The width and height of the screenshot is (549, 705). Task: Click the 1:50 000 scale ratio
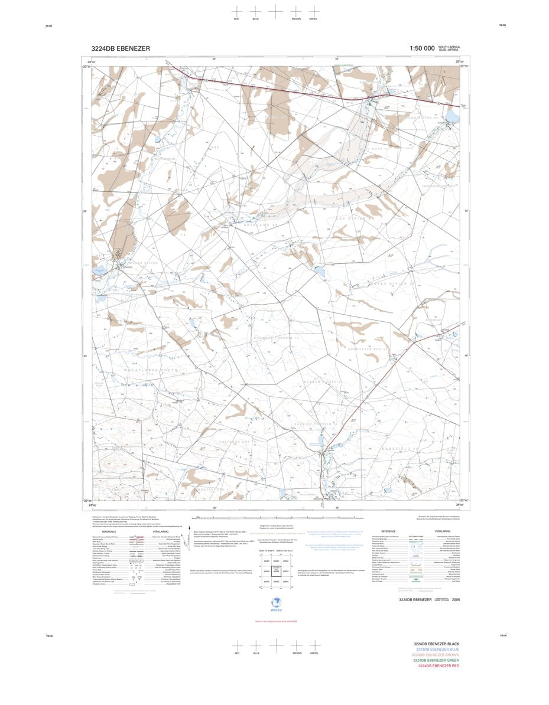422,48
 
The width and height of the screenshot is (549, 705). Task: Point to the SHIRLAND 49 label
261,225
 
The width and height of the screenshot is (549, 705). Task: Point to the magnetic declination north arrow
188,536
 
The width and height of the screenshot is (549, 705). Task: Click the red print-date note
275,621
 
